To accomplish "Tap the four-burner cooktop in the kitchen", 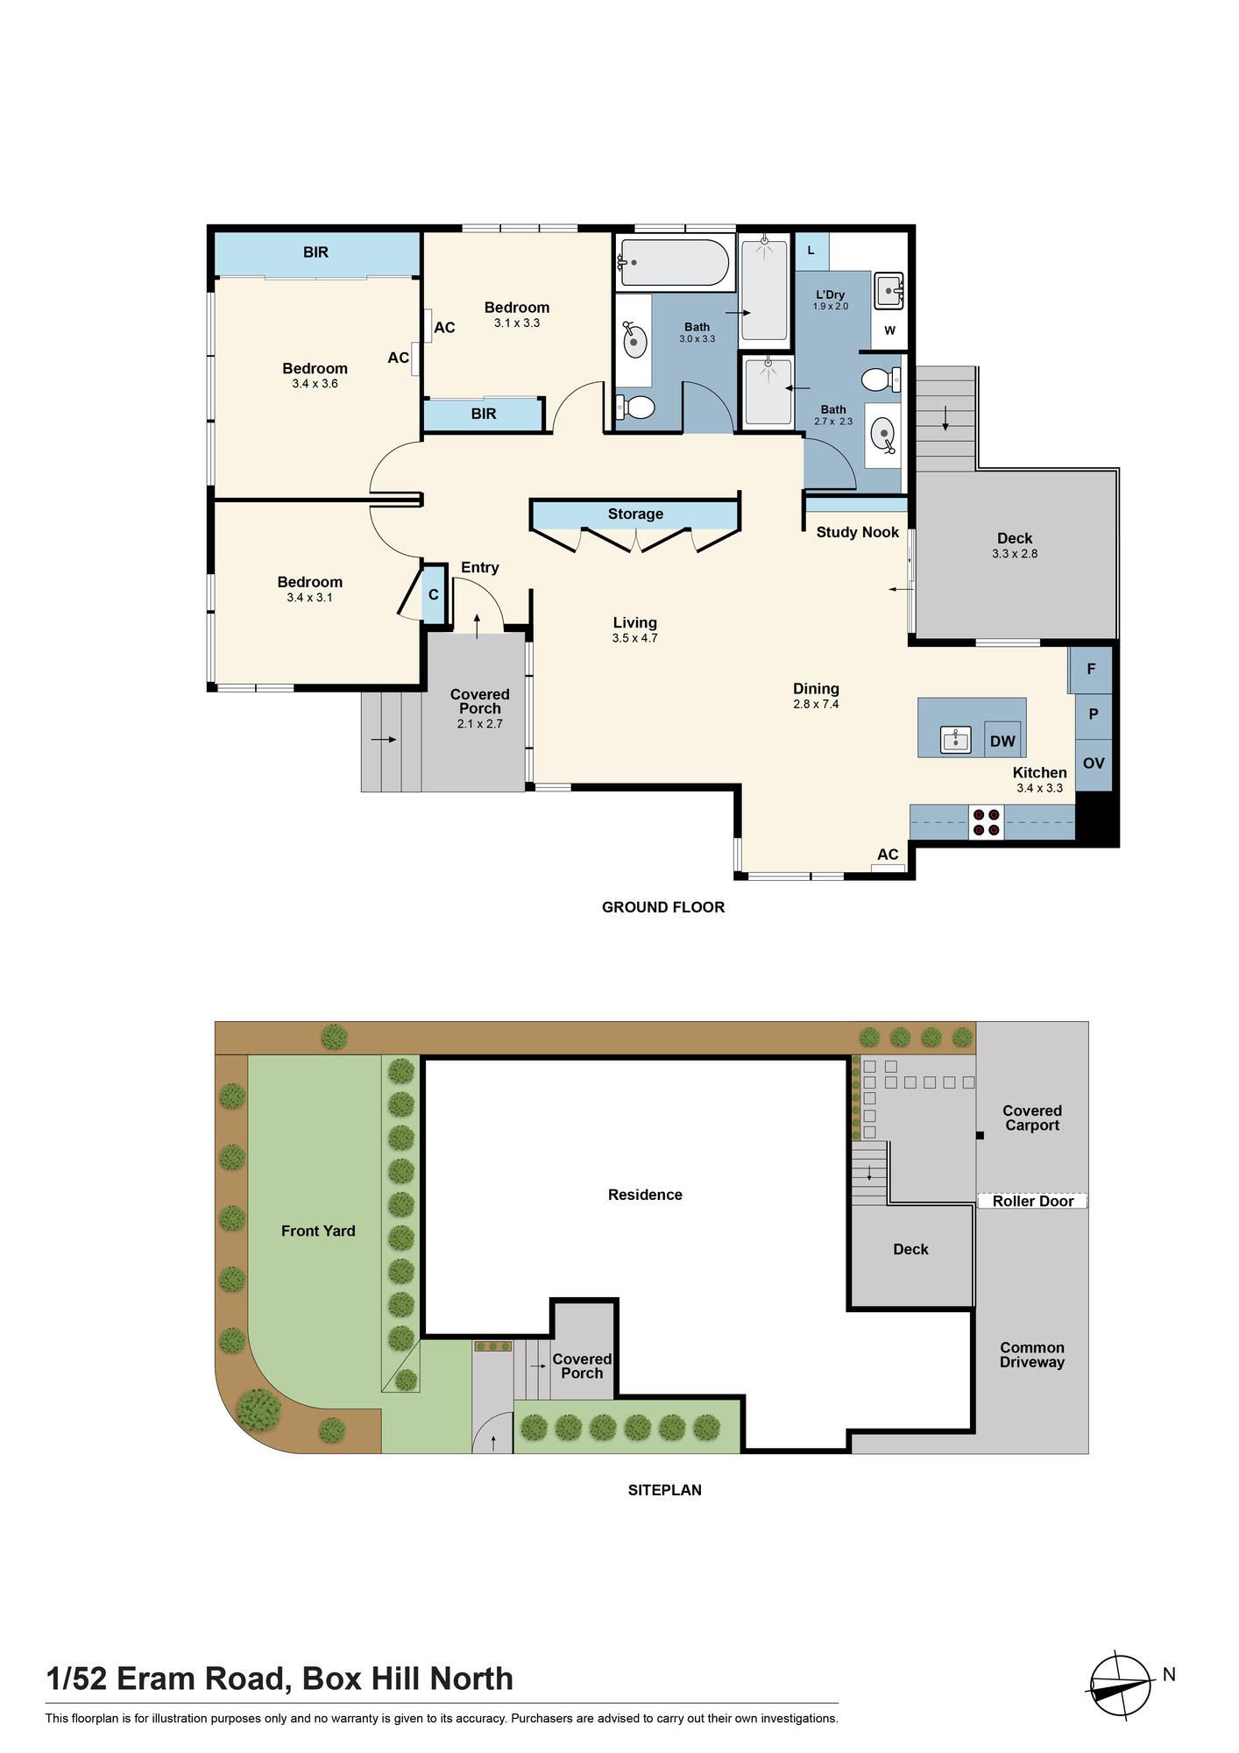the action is coord(986,822).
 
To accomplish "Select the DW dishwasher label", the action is coord(1002,742).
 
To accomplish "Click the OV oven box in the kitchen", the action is coord(1094,763).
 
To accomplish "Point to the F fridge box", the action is coord(1091,669).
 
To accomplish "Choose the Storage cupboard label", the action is coord(635,514).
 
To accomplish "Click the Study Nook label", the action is coord(858,532).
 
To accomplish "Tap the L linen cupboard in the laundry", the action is coord(811,251).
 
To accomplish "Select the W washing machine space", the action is coord(889,330).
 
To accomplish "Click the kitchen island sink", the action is coord(955,740).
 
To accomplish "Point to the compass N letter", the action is coord(1169,1675).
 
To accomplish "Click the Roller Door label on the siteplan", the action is coord(1033,1201).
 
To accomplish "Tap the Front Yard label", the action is coord(318,1231).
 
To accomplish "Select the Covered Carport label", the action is coord(1032,1118).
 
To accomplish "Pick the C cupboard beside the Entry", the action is coord(434,595).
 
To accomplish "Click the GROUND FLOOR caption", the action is coord(663,907).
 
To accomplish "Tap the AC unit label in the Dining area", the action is coord(888,855).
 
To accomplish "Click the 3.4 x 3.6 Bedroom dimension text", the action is coord(315,384).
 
